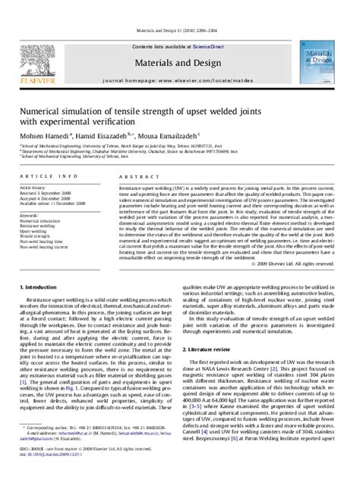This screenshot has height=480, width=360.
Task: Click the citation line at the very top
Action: (180, 8)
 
